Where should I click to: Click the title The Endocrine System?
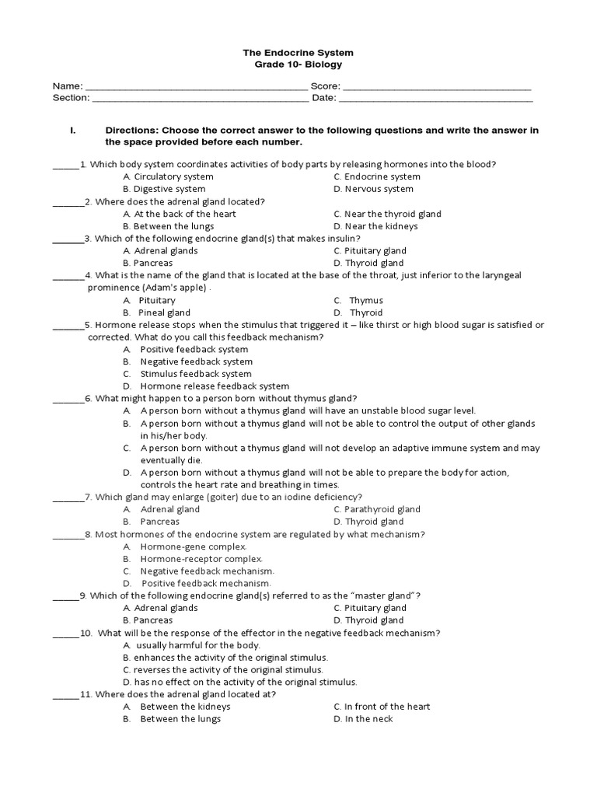(298, 52)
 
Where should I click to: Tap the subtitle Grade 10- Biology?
(298, 65)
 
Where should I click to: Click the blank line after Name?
(195, 86)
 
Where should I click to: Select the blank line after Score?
(436, 86)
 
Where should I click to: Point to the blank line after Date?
(436, 99)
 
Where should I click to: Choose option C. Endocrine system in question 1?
(377, 176)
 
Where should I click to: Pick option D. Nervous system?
(373, 189)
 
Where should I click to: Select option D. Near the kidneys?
(375, 226)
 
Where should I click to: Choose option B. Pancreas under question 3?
(148, 264)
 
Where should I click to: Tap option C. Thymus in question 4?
(358, 300)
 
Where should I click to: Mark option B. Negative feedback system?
(187, 361)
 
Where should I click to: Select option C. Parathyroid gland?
(377, 509)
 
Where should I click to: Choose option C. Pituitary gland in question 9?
(370, 608)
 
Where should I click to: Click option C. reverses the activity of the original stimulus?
(222, 669)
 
